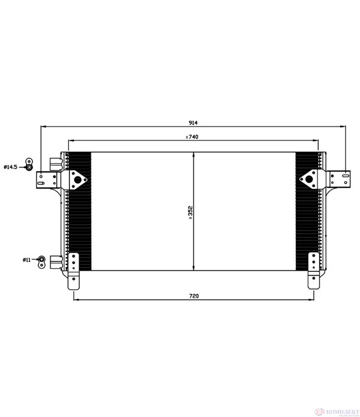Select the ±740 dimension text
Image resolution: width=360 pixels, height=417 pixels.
pos(192,137)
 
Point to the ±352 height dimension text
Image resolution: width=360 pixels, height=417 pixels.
pos(190,213)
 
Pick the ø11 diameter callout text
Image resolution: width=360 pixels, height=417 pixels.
pos(27,259)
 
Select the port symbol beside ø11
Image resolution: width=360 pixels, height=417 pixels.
pos(41,259)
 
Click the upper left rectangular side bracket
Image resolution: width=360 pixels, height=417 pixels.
pos(46,179)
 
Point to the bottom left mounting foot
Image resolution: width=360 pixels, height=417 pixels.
pos(74,269)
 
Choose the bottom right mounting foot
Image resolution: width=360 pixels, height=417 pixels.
pos(313,269)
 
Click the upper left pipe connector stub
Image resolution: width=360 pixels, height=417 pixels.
pos(55,163)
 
